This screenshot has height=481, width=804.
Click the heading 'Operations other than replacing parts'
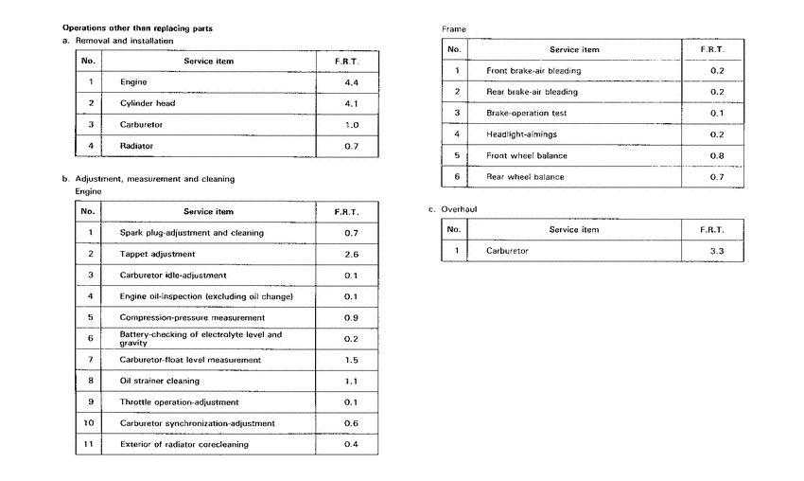tap(137, 28)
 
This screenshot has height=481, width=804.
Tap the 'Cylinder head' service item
tap(148, 103)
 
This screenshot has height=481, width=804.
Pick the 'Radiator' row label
tap(137, 146)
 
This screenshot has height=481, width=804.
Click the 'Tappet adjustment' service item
tap(157, 254)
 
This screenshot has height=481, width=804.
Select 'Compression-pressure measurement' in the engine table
tap(192, 317)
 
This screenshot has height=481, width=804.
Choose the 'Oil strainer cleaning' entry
tap(160, 381)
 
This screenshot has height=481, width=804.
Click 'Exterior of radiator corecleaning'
tap(185, 444)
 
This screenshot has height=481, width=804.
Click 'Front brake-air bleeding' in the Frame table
tap(533, 71)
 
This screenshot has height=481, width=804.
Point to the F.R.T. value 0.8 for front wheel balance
tap(716, 155)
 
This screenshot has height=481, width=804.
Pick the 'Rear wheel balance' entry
tap(525, 177)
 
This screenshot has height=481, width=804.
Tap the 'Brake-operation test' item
tap(526, 114)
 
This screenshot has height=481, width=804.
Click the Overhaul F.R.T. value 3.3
tap(716, 251)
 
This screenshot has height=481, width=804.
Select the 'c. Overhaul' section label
tap(458, 208)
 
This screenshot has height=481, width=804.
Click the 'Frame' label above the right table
tap(454, 29)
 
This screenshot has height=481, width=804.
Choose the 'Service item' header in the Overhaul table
tap(574, 230)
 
